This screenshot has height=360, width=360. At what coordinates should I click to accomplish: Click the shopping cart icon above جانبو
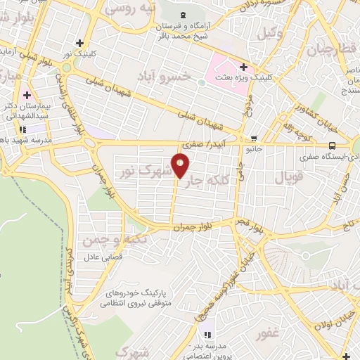tap(253, 139)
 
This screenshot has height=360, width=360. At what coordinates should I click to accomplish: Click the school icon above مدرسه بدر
tap(207, 333)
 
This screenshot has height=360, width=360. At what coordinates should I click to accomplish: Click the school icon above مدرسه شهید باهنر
tap(23, 129)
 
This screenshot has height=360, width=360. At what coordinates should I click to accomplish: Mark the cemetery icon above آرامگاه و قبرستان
tap(184, 14)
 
